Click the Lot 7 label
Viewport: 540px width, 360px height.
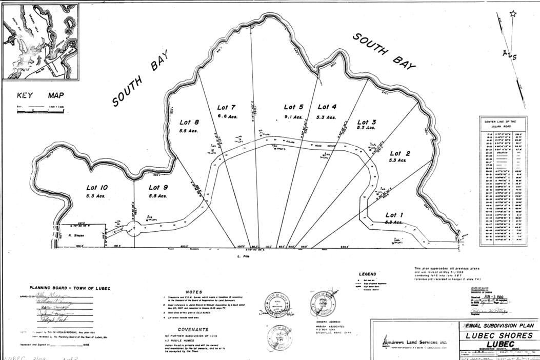click(226, 107)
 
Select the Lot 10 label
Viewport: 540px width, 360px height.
click(97, 188)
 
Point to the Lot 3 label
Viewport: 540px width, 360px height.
click(367, 122)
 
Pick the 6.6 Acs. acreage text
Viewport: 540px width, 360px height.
click(226, 116)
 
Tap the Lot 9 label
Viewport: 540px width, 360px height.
click(158, 188)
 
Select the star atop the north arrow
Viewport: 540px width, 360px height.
click(513, 14)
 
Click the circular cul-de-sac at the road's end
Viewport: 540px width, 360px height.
click(132, 228)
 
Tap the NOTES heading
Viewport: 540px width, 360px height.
click(194, 292)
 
